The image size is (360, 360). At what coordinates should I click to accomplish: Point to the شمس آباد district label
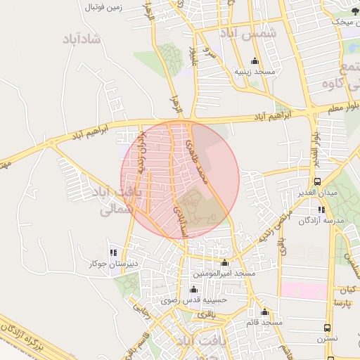(x=257, y=33)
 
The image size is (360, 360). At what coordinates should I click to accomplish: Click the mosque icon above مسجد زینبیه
(x=255, y=60)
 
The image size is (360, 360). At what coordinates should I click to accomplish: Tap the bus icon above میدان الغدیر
(x=318, y=181)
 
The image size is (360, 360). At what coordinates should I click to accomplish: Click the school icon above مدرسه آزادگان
(x=321, y=210)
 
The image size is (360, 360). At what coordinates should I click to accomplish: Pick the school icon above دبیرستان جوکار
(x=112, y=252)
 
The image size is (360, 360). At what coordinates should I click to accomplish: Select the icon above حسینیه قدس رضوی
(x=193, y=289)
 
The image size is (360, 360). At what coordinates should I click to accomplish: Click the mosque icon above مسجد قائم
(x=265, y=312)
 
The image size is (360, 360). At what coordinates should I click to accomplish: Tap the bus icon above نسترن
(x=327, y=328)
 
